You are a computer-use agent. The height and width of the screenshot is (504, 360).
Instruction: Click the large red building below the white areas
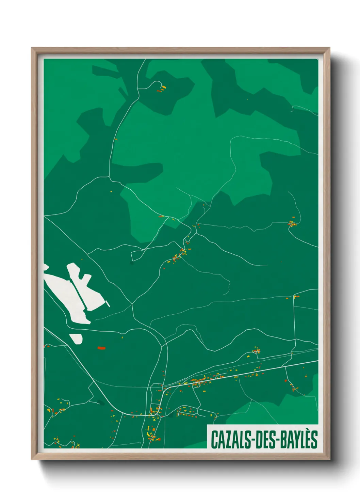(101, 348)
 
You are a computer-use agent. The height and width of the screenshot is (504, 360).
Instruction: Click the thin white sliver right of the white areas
(108, 303)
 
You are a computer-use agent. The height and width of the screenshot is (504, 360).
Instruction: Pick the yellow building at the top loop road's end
(164, 88)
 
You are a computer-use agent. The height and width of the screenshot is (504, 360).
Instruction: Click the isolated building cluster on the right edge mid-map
(292, 223)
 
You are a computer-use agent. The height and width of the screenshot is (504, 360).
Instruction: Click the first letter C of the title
(214, 439)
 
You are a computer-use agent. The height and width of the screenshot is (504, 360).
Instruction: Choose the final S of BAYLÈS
(314, 439)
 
